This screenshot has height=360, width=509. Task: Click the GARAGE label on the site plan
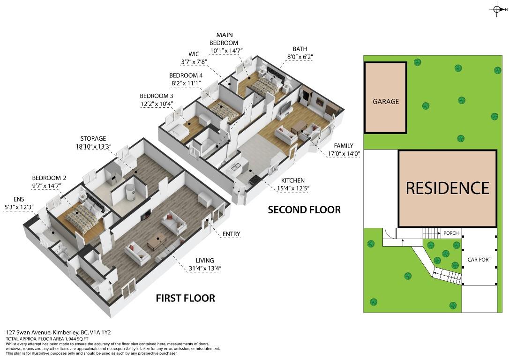click(386, 101)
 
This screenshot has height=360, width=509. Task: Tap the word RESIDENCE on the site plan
click(448, 188)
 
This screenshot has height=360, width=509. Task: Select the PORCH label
click(451, 233)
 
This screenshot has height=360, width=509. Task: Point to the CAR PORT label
click(479, 260)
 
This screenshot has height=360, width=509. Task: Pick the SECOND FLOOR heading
click(304, 210)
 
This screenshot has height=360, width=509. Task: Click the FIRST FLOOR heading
click(185, 298)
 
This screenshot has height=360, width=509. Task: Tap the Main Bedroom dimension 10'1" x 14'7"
click(226, 50)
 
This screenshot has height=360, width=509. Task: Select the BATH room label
click(300, 49)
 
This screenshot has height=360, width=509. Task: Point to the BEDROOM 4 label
click(186, 75)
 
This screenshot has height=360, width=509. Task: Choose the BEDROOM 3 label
click(157, 96)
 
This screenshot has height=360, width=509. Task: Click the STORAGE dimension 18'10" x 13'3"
click(94, 146)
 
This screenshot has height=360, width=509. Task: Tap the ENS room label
click(18, 199)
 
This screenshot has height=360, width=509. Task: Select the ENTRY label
click(231, 234)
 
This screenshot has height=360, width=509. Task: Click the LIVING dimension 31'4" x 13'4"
click(205, 269)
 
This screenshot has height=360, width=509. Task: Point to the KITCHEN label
click(293, 180)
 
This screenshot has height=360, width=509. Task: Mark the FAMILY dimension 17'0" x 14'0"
click(344, 154)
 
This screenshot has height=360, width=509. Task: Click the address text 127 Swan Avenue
click(29, 332)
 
